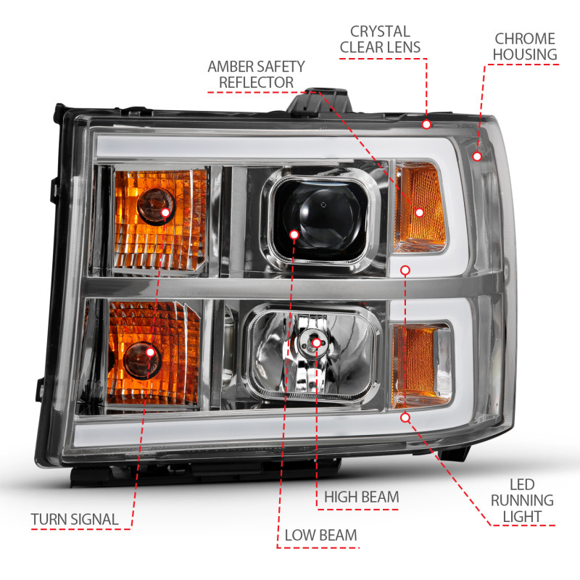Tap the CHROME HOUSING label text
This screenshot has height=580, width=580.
[x=525, y=46]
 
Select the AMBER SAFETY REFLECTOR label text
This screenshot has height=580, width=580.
[x=256, y=74]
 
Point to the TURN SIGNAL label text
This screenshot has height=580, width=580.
[x=75, y=519]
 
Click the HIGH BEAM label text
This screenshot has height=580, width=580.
[x=361, y=497]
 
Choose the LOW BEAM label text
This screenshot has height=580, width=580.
[x=320, y=535]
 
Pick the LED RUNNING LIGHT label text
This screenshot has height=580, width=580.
[x=521, y=500]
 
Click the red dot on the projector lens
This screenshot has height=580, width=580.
[x=294, y=235]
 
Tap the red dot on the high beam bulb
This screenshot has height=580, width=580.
[x=318, y=342]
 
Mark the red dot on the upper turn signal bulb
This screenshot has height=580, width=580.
[x=165, y=212]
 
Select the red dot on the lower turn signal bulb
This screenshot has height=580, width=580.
[x=150, y=352]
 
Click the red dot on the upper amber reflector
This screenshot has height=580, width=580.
[x=419, y=212]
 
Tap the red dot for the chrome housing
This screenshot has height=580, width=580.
[x=476, y=156]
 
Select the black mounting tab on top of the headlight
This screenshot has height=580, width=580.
[x=323, y=101]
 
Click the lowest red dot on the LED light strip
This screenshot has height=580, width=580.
[x=405, y=418]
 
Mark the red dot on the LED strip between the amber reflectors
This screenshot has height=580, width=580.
[x=405, y=270]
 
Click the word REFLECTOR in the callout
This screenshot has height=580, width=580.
[x=256, y=83]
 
